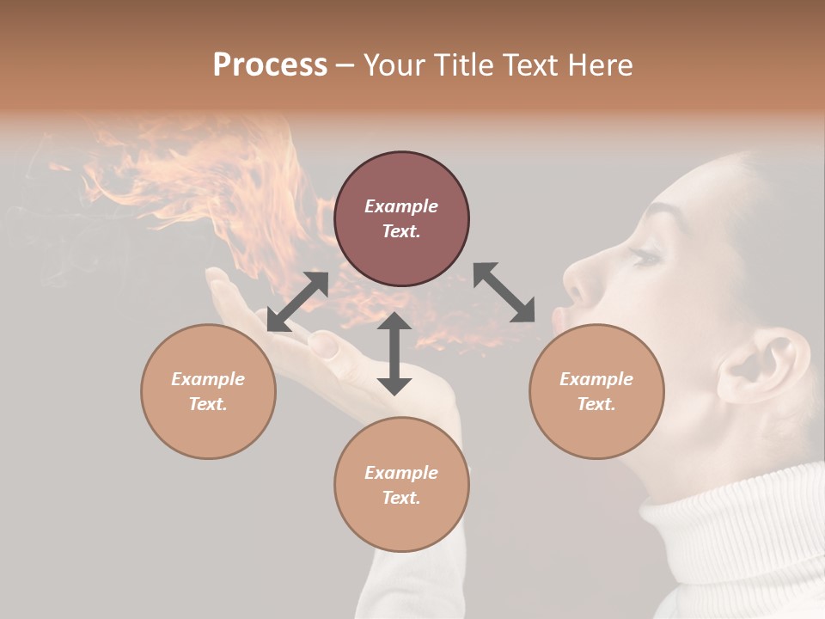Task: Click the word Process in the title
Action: pos(270,65)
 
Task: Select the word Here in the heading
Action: pos(601,65)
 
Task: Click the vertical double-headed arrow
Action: pos(394,353)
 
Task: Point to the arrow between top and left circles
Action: pos(297,302)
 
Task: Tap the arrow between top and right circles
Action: pos(504,292)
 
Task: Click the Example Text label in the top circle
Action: pos(401,218)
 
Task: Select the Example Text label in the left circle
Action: pos(208,391)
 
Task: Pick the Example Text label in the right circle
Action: pos(596,391)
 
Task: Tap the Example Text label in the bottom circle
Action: pos(401,485)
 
